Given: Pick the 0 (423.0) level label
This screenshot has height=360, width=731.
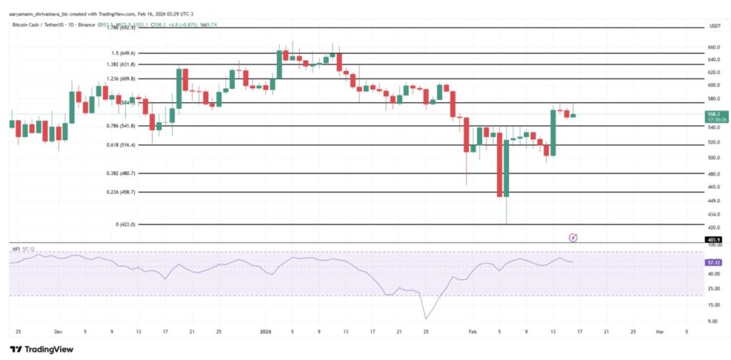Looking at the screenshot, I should [x=124, y=224].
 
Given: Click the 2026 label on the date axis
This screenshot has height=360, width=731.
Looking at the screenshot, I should [x=266, y=332].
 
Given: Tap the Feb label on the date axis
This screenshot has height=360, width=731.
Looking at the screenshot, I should [x=472, y=332].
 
